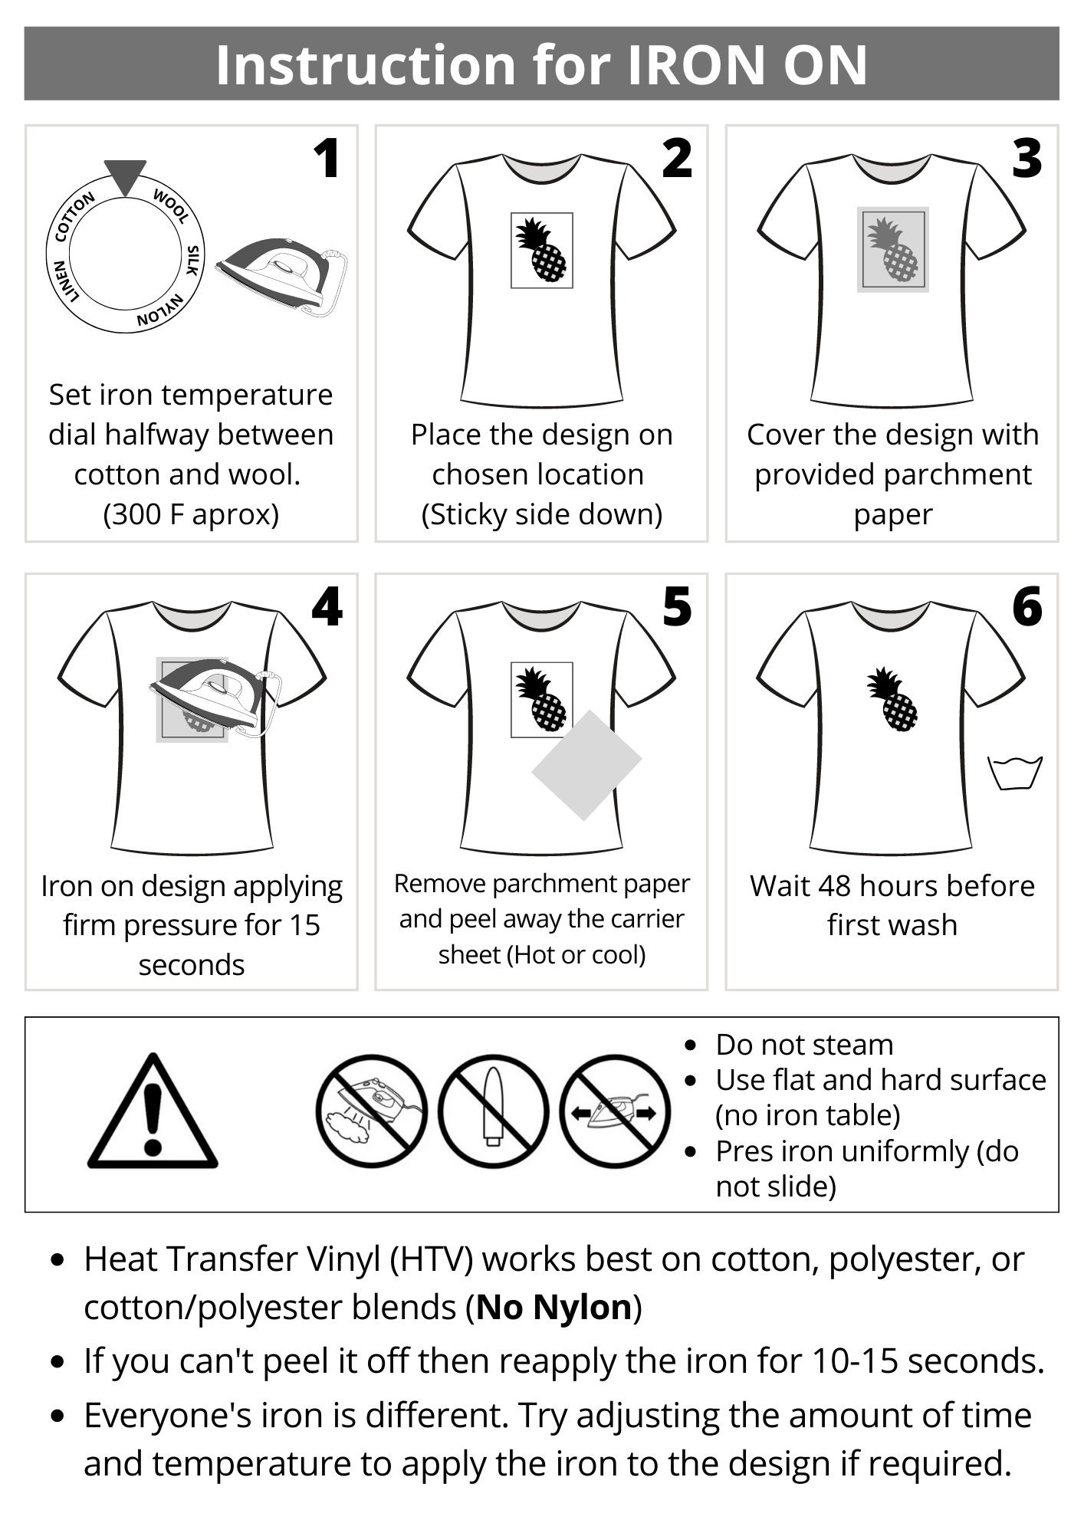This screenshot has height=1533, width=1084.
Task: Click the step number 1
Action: (x=328, y=159)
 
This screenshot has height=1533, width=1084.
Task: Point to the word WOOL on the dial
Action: (x=171, y=206)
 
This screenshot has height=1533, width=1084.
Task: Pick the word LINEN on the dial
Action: (x=65, y=281)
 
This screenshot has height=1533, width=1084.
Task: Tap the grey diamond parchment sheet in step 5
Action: (x=586, y=765)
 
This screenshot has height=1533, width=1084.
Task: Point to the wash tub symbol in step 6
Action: (x=1015, y=773)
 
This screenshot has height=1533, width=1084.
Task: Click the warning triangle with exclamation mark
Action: (x=153, y=1111)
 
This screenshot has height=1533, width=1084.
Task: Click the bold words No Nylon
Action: (x=553, y=1307)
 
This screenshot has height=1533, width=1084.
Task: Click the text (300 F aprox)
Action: (x=191, y=514)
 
